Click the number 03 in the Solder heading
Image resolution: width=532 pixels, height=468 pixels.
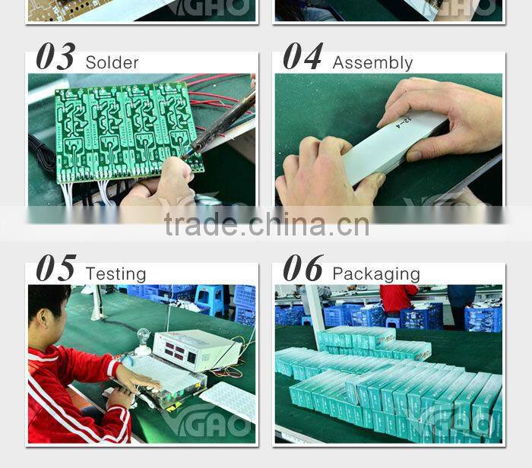coord(55,58)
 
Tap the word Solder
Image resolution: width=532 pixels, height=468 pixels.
coord(112,62)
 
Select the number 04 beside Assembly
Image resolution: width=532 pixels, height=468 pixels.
coord(302,58)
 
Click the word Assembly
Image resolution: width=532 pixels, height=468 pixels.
coord(372,63)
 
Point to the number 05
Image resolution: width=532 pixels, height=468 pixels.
coord(55,269)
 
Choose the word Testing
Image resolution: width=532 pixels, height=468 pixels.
coord(116,274)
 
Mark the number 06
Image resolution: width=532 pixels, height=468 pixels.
coord(302,269)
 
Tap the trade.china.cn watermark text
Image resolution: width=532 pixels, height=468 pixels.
coord(266,225)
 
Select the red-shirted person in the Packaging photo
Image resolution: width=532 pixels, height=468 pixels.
coord(398,298)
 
